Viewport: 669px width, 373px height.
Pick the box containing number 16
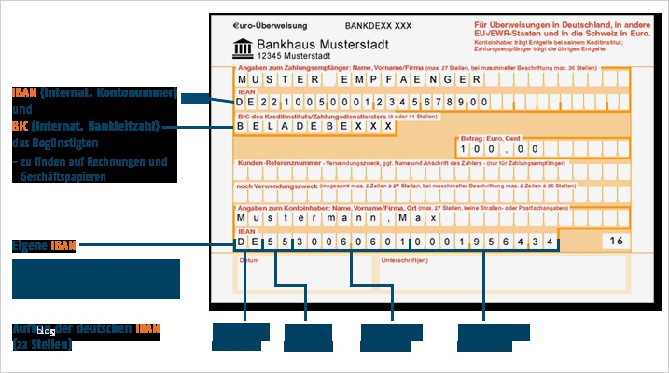pyautogui.click(x=615, y=242)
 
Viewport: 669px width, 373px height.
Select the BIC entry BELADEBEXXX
pyautogui.click(x=308, y=125)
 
